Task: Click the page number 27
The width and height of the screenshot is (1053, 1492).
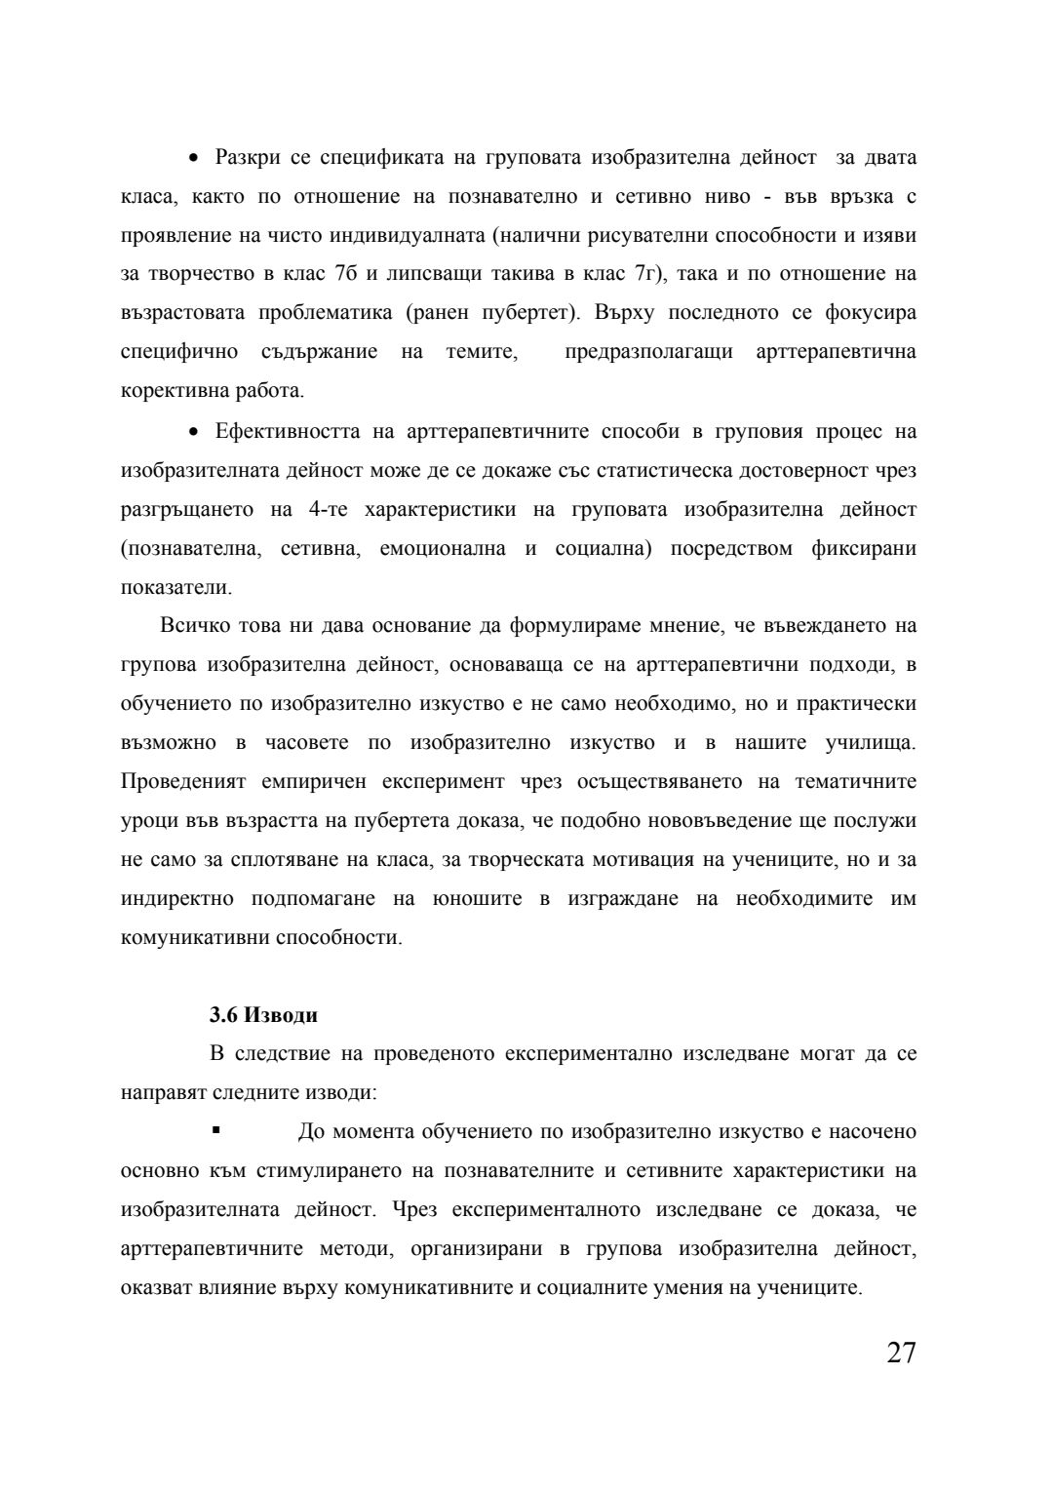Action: coord(901,1354)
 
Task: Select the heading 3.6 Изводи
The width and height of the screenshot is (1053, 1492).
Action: coord(263,1015)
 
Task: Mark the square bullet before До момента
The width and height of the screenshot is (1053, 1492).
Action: coord(215,1131)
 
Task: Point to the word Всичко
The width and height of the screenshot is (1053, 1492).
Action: coord(192,625)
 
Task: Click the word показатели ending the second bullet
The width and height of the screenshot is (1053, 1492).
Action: coord(175,588)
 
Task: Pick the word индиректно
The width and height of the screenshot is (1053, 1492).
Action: coord(176,899)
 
